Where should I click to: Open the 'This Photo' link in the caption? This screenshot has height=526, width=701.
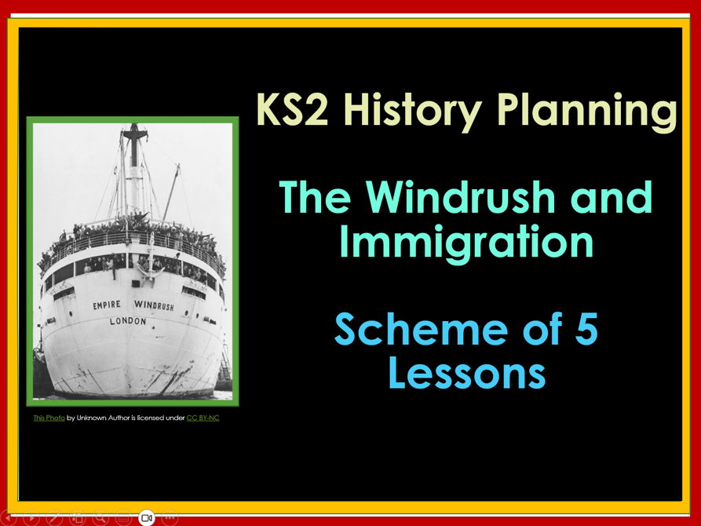coord(49,418)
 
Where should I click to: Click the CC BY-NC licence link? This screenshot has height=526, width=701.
coord(203,418)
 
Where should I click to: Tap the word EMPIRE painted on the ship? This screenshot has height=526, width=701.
coord(107,305)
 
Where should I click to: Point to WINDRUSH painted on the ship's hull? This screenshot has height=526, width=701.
coord(154,305)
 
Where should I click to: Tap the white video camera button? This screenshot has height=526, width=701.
coord(146,518)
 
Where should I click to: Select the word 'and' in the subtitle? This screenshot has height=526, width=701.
coord(612,198)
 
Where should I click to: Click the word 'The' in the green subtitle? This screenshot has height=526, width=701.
coord(317,198)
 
